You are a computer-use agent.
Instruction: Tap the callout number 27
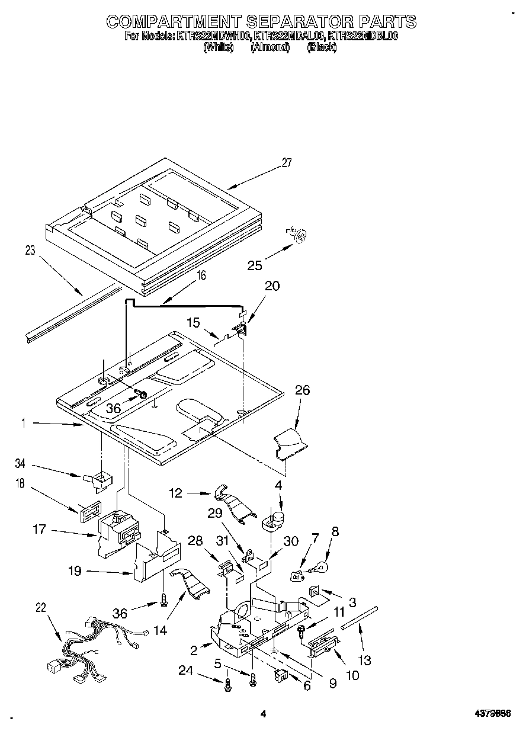point(287,163)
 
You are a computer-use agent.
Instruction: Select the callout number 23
point(30,251)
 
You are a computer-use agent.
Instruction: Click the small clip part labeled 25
point(298,235)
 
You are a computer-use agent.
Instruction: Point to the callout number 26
point(302,391)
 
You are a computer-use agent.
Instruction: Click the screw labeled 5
point(254,679)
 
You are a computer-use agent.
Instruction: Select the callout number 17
point(39,530)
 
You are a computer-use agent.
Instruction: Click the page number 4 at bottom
point(263,714)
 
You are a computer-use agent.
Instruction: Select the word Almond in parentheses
point(270,48)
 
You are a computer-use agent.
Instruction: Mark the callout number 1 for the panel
point(23,424)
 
